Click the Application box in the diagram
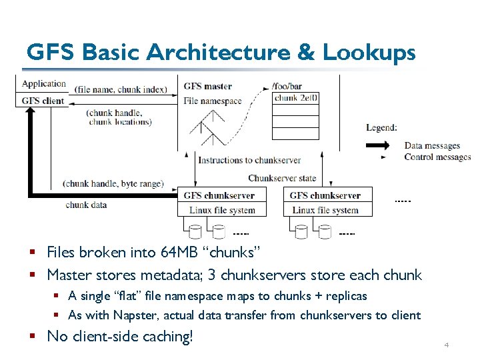(44, 84)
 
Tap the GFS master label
(207, 86)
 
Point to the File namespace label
(213, 101)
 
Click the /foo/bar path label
(287, 86)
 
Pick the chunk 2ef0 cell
(296, 98)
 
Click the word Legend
(381, 127)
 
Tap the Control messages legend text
(437, 157)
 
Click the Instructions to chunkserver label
(249, 160)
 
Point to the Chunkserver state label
(282, 178)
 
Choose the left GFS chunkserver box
(221, 195)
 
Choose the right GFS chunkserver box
(325, 195)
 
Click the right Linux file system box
(325, 210)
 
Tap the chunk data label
(86, 205)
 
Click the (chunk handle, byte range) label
(113, 183)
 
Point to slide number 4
(446, 345)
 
